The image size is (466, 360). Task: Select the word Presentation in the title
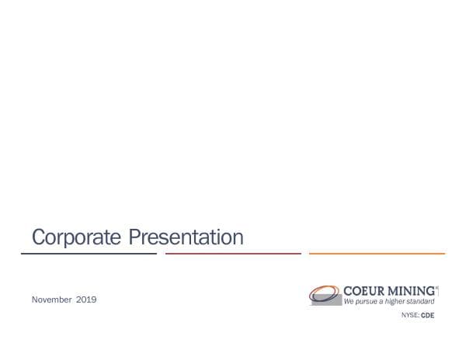186,237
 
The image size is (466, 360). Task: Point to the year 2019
86,299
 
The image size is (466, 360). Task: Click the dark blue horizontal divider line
89,253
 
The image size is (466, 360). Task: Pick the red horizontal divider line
233,253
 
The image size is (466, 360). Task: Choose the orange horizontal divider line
377,253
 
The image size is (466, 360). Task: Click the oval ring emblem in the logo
324,294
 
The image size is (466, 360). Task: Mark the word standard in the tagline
424,301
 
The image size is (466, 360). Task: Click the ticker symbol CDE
427,317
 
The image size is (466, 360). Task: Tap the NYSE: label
409,317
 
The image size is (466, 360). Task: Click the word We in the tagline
349,301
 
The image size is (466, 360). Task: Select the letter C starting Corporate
37,237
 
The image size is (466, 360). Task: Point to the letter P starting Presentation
134,237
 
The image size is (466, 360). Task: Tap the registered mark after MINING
437,287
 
